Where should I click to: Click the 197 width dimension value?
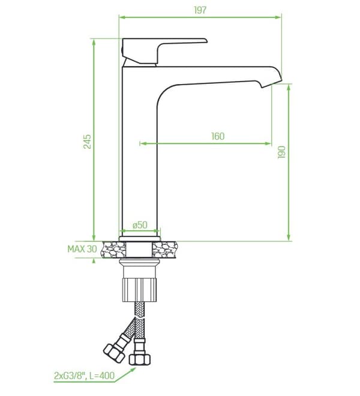click(x=200, y=10)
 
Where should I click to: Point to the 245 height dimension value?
click(x=88, y=142)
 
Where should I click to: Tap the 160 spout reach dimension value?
click(x=218, y=136)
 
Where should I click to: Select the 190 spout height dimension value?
click(x=281, y=152)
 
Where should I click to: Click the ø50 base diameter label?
click(x=140, y=225)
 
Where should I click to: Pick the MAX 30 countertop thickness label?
click(x=82, y=249)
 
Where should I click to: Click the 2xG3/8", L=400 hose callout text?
click(x=84, y=376)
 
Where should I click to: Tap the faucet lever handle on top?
click(x=164, y=50)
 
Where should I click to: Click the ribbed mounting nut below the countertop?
click(x=139, y=290)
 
